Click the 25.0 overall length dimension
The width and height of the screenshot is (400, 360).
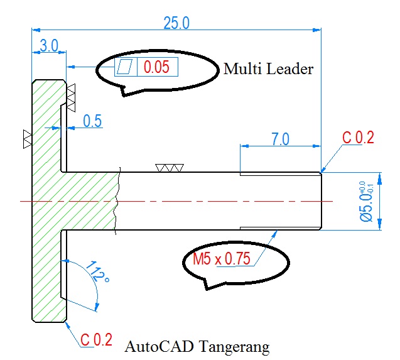[x=176, y=23]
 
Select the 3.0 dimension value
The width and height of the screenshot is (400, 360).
[x=49, y=46]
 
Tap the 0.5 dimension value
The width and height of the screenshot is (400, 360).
[x=92, y=122]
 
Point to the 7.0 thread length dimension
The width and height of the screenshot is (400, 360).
[x=280, y=139]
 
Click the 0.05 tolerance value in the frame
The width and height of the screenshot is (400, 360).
[x=156, y=67]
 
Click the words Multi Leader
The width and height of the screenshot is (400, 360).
[x=268, y=69]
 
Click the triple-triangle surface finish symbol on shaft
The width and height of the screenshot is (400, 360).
[x=170, y=168]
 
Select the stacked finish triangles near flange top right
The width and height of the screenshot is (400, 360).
[x=70, y=95]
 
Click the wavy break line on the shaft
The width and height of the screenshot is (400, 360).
[x=117, y=201]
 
